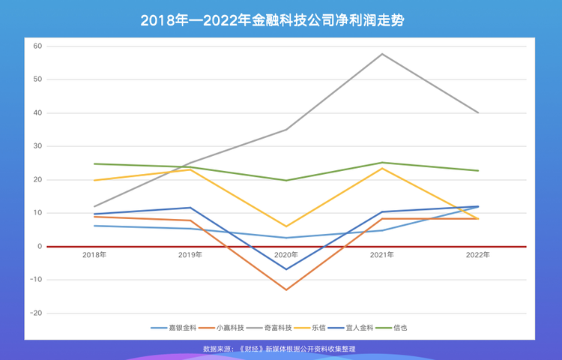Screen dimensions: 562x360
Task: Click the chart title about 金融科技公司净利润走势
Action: pos(273,20)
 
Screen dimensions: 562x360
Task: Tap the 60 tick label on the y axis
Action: pos(37,46)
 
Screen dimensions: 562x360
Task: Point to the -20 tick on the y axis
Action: pos(36,313)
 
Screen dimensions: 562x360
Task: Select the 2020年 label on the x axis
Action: pos(286,255)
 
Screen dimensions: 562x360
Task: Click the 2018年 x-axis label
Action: pos(94,255)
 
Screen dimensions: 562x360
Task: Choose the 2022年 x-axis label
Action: pos(478,255)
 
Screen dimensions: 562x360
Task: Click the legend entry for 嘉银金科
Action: pos(174,328)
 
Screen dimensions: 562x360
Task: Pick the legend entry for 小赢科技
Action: pos(221,328)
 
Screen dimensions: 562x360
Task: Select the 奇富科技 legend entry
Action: pos(269,328)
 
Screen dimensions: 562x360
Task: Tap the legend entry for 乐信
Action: pos(309,328)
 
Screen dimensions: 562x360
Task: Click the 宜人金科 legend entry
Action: pos(350,328)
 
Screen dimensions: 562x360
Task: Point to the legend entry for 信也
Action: pos(391,328)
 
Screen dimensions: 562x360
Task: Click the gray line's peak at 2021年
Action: pos(382,54)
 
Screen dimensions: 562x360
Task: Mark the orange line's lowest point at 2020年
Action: pos(286,289)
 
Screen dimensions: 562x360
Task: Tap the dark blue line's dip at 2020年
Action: pos(286,269)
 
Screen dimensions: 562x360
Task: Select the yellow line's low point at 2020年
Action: pos(286,226)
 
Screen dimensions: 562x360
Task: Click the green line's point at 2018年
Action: pos(94,163)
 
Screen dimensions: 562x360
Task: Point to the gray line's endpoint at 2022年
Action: pos(478,112)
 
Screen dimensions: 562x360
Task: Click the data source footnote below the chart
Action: pos(280,349)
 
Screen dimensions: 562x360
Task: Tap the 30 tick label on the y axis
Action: pos(37,146)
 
